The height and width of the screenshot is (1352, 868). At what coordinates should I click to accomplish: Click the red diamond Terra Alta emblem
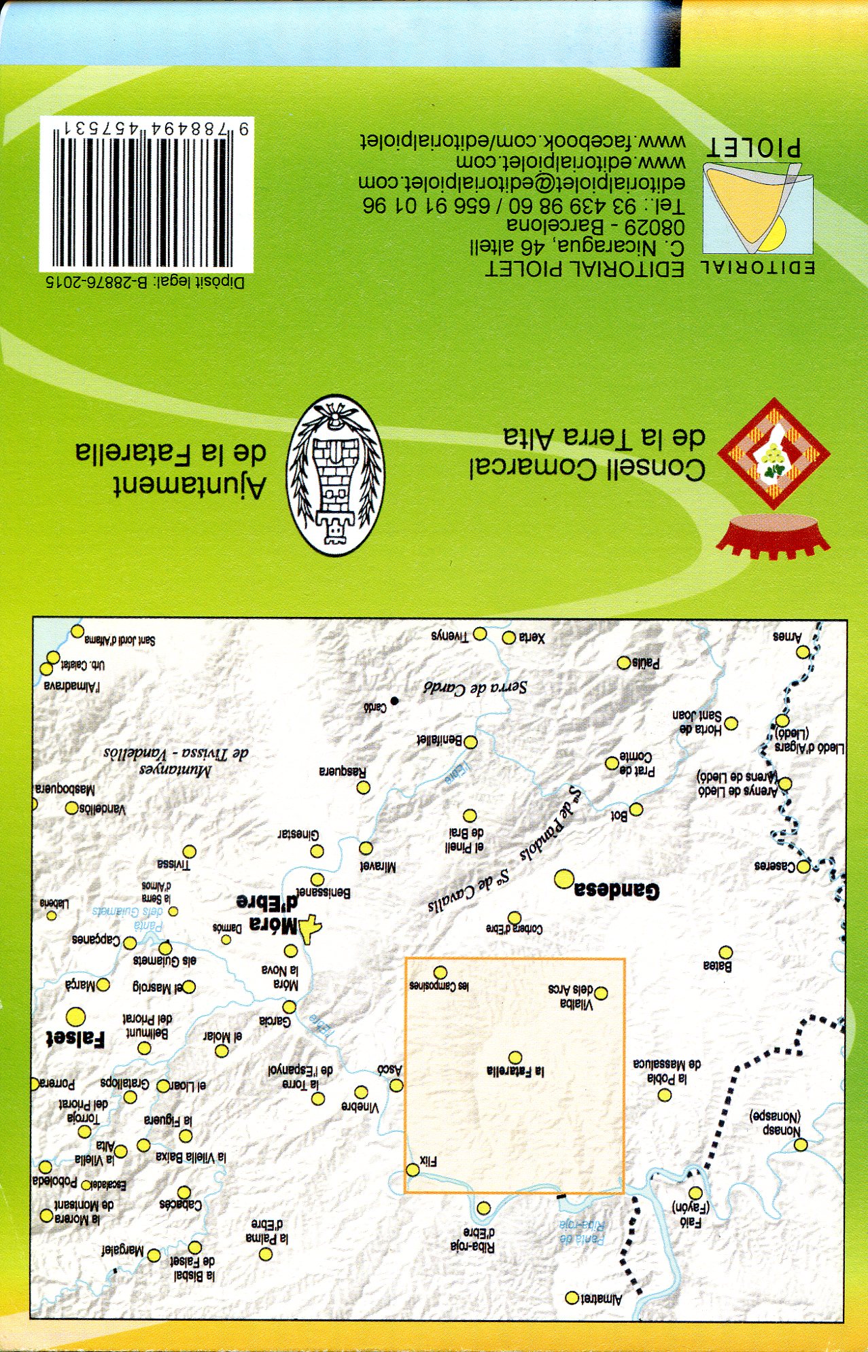tap(773, 454)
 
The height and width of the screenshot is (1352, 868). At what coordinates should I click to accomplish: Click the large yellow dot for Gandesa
tap(563, 880)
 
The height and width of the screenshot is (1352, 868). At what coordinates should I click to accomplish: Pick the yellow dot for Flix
tap(413, 1170)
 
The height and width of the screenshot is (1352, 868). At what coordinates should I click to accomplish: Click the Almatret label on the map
tap(602, 1300)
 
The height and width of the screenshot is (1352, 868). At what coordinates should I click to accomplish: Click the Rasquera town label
tap(343, 772)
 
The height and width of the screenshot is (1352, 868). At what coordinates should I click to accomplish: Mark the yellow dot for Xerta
tap(508, 637)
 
